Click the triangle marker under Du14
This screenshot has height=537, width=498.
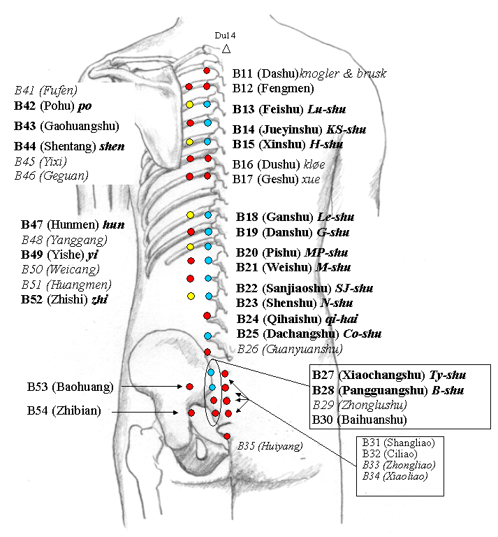click(x=226, y=49)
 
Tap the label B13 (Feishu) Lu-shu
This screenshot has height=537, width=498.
click(x=289, y=109)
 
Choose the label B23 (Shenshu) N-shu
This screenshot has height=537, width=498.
click(x=294, y=303)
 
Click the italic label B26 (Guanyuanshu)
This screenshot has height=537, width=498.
click(x=290, y=348)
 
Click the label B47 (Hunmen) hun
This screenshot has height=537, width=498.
click(x=67, y=224)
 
